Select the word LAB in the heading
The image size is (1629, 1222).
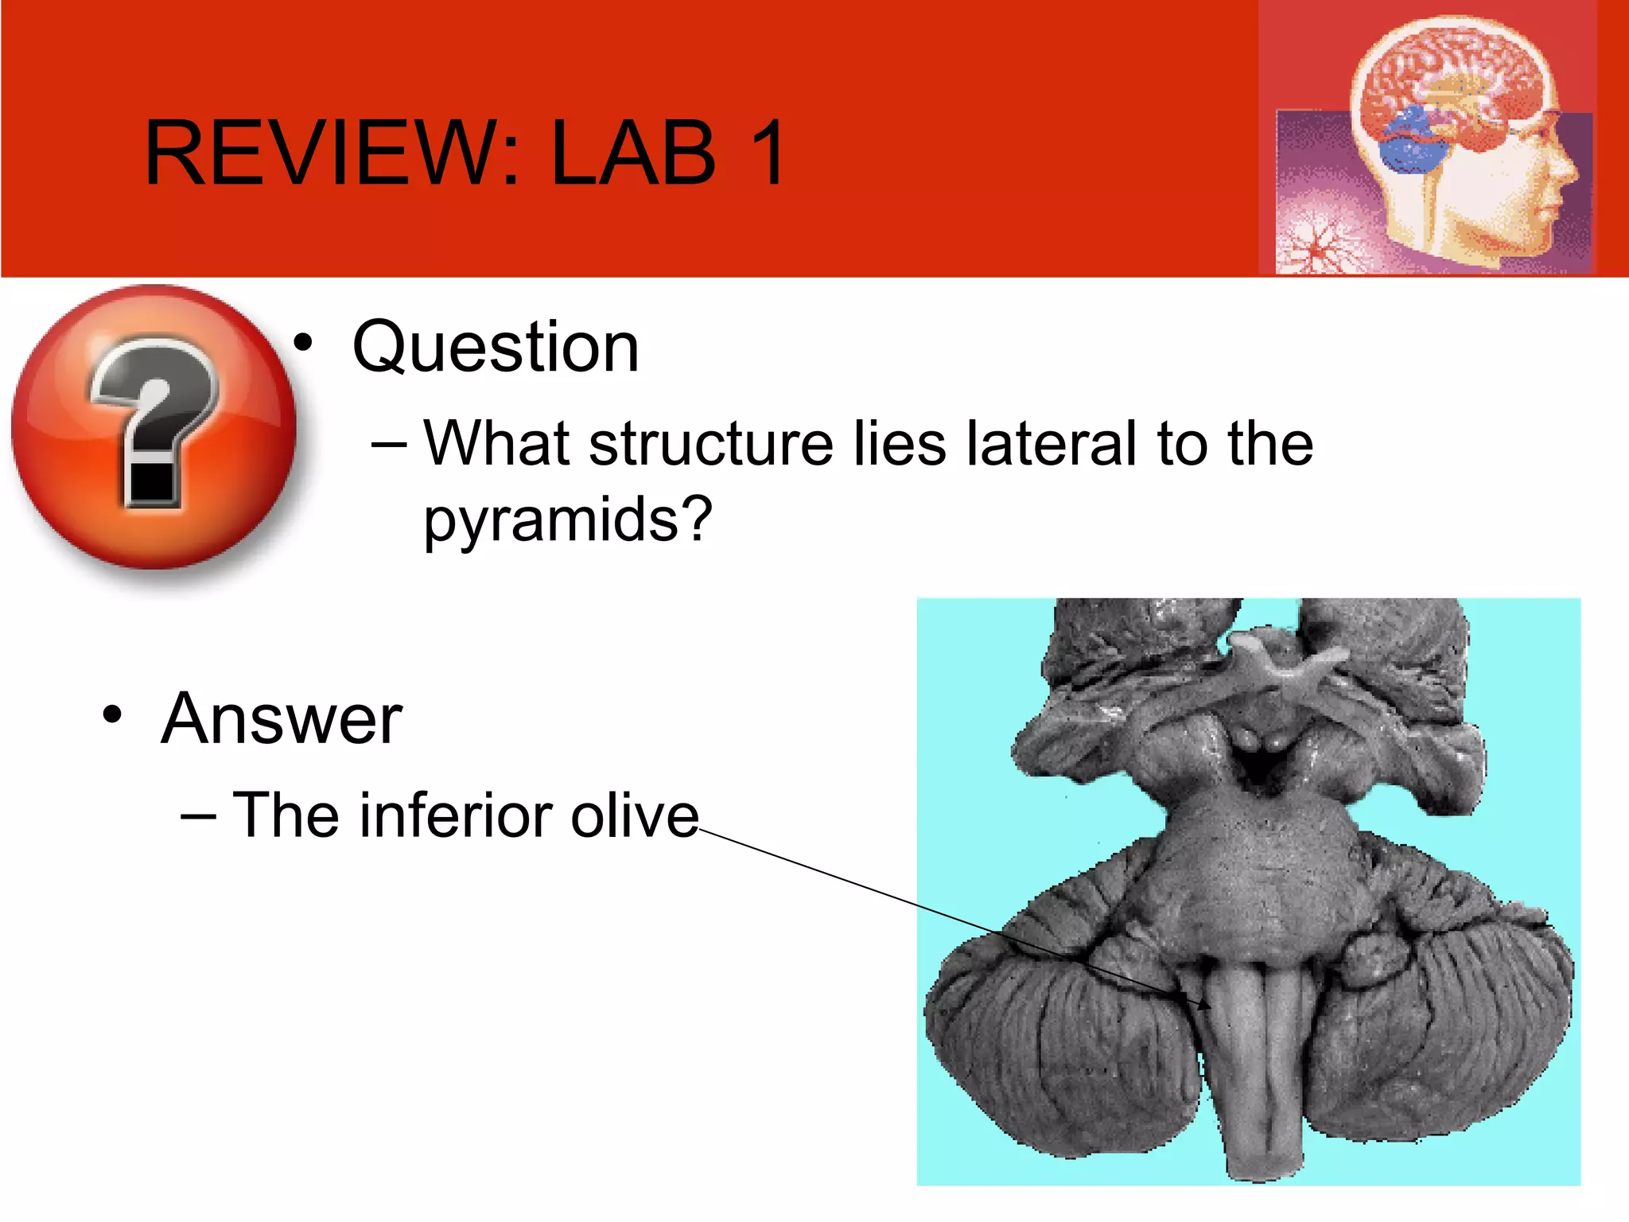633,153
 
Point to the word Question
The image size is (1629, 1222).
496,348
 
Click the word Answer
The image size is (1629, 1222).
282,719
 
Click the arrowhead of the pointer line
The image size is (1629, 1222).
1206,1005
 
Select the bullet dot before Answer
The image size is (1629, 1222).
112,714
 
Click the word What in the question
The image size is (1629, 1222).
496,443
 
